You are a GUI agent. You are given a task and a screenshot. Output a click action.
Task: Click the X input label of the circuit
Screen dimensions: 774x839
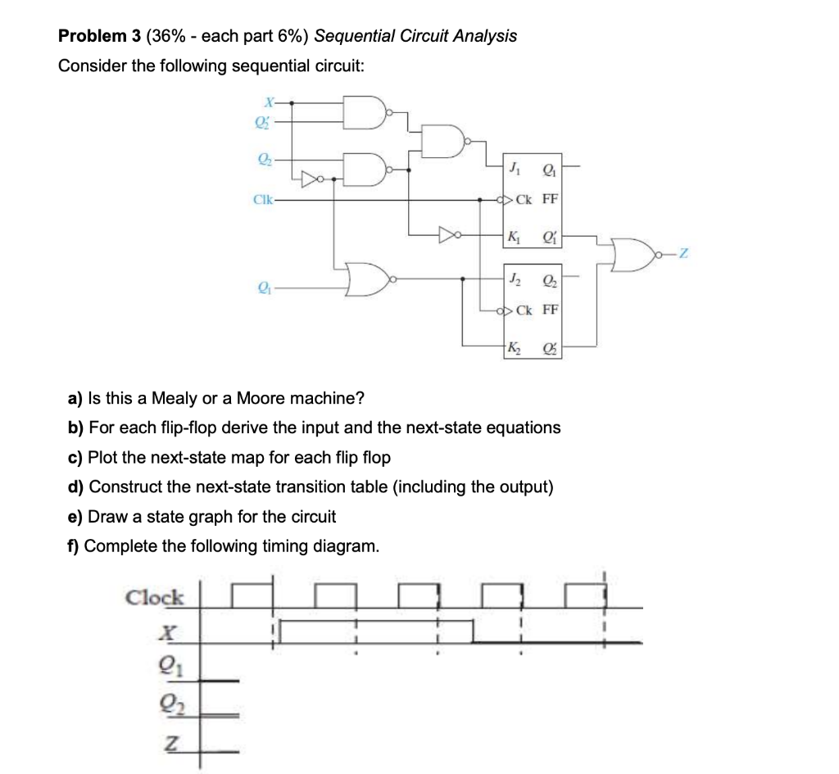click(266, 102)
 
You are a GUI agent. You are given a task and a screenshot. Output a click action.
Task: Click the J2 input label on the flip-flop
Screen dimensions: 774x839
click(513, 279)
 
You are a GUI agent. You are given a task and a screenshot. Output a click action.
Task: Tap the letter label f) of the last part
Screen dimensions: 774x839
click(74, 545)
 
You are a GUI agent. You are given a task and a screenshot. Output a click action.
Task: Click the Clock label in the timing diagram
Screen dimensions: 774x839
click(155, 597)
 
